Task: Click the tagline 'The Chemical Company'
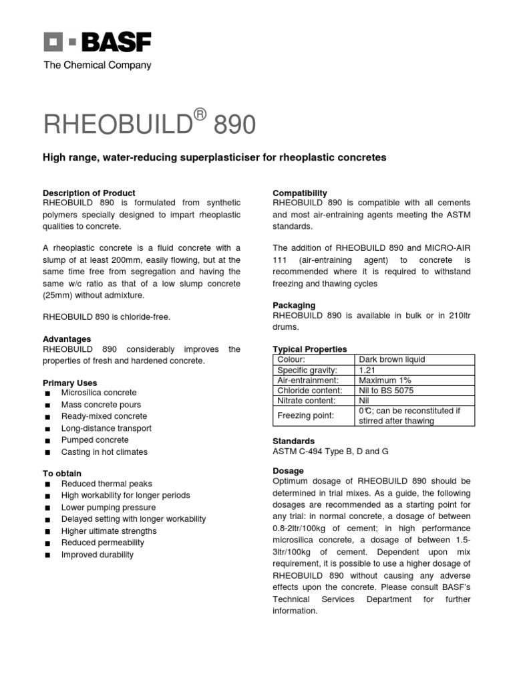(98, 66)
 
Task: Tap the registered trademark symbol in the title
(198, 116)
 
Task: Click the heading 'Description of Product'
(89, 193)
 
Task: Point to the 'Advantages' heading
(67, 339)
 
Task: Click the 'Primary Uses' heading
(70, 383)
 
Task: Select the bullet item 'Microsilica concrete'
(99, 393)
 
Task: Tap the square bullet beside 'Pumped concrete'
(47, 441)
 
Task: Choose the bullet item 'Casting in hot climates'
(104, 452)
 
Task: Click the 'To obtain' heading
(62, 474)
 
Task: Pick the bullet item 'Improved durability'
(98, 555)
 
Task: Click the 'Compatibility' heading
(300, 193)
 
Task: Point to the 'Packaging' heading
(294, 306)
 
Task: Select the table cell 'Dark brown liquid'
(391, 359)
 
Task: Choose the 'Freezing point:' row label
(307, 416)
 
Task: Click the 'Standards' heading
(294, 442)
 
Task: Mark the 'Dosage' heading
(288, 471)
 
